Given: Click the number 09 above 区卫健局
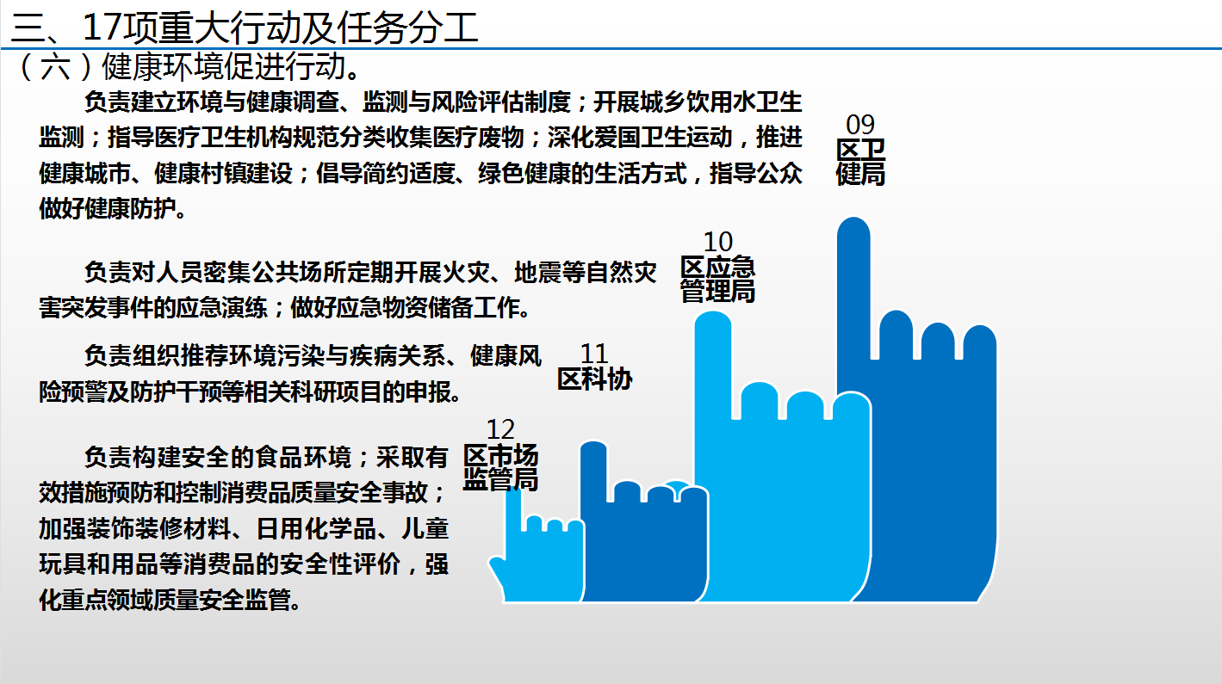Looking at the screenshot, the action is (860, 125).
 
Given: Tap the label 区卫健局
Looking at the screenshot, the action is (860, 163).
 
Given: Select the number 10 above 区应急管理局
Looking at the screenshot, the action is (718, 242).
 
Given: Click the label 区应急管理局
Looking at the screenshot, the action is (718, 279).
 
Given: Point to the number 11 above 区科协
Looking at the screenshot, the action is (594, 354).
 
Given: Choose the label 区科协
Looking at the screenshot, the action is (594, 379).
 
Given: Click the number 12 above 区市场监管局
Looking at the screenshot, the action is (500, 429).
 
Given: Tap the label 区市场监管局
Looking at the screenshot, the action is (501, 468).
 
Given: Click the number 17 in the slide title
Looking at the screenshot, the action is (102, 28).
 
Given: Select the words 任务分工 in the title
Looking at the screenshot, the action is (407, 28).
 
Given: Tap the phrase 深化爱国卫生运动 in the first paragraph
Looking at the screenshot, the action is (639, 138).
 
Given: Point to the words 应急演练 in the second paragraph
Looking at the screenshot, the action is (221, 308).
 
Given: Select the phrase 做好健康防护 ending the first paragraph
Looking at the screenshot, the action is (108, 209).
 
